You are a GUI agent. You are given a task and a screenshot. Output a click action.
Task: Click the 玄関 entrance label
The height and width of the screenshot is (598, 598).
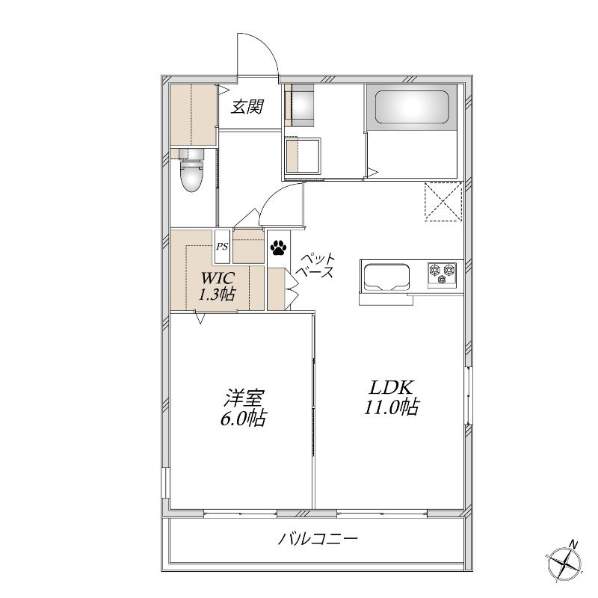tap(247, 106)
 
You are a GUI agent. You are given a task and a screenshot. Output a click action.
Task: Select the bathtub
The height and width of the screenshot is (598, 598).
tap(411, 107)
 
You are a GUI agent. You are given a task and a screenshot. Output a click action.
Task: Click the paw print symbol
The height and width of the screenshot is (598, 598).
tap(278, 247)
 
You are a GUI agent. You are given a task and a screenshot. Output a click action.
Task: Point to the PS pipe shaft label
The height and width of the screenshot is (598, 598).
tap(222, 247)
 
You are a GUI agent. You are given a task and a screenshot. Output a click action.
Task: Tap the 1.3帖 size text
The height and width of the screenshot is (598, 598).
tap(216, 294)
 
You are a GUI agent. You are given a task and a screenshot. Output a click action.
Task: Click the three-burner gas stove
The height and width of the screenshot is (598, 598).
tap(442, 274)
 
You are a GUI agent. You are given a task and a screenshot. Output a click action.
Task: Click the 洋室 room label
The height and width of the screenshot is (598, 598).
tap(244, 398)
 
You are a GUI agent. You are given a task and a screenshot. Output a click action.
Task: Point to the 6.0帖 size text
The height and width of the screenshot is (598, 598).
tap(243, 418)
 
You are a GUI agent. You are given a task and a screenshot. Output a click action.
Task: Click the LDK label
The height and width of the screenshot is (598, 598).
tap(390, 388)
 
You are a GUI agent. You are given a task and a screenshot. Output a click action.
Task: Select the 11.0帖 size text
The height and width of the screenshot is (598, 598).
tap(392, 407)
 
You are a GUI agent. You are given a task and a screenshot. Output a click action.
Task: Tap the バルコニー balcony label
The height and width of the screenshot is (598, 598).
tap(318, 539)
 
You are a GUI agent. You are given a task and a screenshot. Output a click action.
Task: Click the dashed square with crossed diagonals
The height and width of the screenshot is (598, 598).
tap(443, 201)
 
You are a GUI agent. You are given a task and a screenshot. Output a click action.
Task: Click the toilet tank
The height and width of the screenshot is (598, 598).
tap(191, 154)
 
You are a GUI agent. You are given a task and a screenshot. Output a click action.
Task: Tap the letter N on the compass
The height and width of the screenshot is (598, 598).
tap(573, 544)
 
